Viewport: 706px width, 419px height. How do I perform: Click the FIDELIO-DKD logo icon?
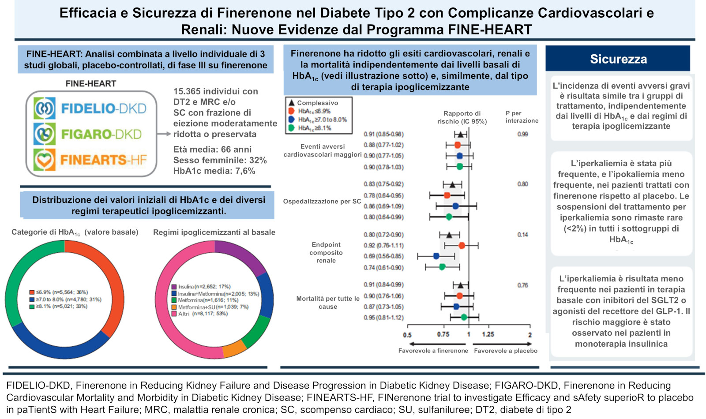[45, 108]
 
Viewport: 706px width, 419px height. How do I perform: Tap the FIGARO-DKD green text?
[101, 135]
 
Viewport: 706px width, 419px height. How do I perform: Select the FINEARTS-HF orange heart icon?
[45, 160]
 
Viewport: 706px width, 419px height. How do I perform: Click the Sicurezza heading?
[618, 59]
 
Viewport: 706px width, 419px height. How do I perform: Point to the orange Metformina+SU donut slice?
[234, 348]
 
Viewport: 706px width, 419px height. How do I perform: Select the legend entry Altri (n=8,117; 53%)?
[199, 314]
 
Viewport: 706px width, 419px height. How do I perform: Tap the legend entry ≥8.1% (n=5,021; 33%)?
[58, 306]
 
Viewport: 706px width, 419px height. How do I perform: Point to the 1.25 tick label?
[488, 335]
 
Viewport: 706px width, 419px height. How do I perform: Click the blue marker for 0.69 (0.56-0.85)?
[436, 256]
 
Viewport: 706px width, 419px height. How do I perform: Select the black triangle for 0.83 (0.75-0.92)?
[453, 185]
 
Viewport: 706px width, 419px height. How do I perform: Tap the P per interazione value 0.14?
[522, 235]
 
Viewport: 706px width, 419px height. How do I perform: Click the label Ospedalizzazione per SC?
[322, 201]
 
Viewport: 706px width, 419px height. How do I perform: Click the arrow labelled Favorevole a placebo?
[502, 344]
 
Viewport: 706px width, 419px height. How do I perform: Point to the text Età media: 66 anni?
[212, 150]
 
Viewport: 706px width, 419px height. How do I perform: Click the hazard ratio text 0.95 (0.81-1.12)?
[383, 318]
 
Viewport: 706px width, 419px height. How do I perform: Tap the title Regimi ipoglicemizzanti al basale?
[214, 232]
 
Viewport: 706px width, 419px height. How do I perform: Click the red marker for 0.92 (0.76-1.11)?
[462, 246]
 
